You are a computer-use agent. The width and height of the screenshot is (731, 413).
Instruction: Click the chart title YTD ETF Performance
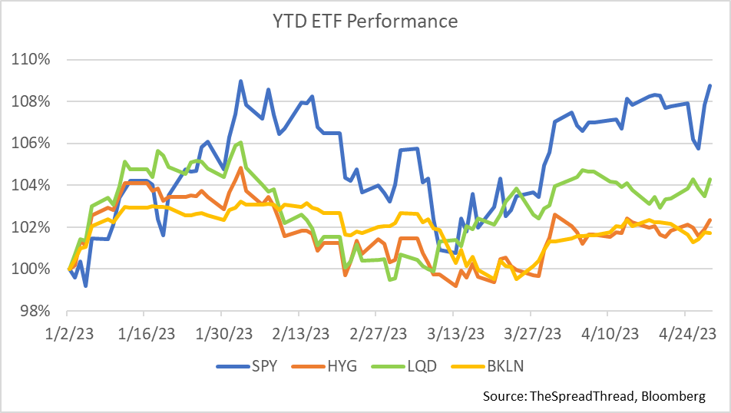click(x=365, y=21)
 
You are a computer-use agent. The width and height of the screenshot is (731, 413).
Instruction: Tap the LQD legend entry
click(x=421, y=365)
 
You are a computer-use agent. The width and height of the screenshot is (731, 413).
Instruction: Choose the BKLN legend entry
click(x=504, y=365)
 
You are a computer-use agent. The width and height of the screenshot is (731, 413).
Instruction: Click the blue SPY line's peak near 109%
click(x=240, y=81)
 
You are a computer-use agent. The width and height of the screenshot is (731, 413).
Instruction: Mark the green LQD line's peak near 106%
click(x=240, y=142)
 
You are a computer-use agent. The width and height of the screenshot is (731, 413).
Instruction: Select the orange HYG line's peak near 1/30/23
click(x=241, y=167)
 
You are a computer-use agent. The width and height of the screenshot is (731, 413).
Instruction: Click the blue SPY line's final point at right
click(x=709, y=85)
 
